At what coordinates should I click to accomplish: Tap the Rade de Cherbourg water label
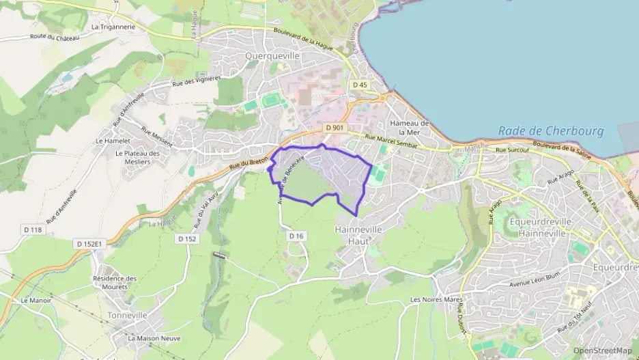(x=551, y=130)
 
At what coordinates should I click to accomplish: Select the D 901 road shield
(x=334, y=128)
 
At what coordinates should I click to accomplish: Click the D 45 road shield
(x=360, y=85)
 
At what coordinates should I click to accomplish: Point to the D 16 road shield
(x=296, y=236)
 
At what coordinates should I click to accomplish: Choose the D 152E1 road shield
(x=89, y=243)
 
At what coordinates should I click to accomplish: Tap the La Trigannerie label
(x=113, y=27)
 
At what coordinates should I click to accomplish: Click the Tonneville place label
(x=127, y=316)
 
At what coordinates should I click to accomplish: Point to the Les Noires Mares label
(x=436, y=300)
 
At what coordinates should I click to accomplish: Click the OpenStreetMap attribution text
(x=602, y=350)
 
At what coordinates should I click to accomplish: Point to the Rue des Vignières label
(x=195, y=83)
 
